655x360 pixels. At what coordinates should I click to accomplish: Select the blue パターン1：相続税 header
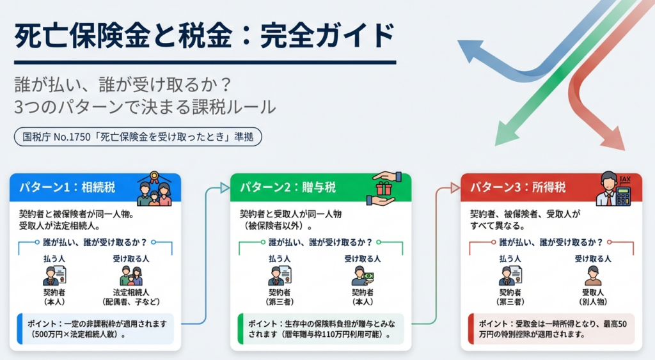pyautogui.click(x=74, y=188)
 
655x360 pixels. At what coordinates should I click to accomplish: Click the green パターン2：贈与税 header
pyautogui.click(x=288, y=188)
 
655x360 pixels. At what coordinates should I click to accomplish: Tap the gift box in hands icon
pyautogui.click(x=384, y=188)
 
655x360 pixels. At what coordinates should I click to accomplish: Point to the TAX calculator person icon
pyautogui.click(x=614, y=188)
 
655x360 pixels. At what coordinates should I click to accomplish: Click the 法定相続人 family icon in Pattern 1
pyautogui.click(x=131, y=276)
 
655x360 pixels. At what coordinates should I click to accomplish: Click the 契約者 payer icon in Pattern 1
pyautogui.click(x=54, y=276)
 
